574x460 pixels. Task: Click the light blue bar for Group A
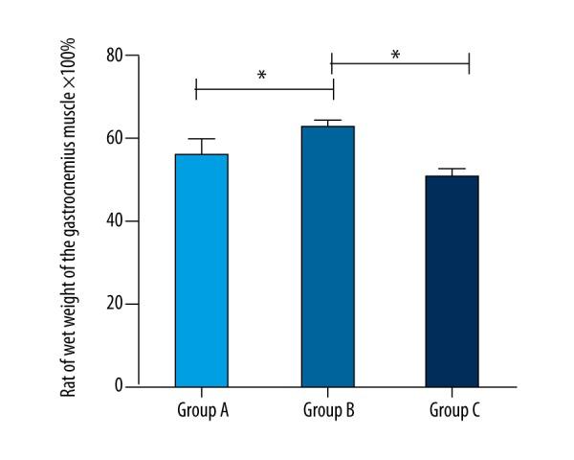pos(201,270)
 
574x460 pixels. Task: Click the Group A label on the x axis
pos(201,410)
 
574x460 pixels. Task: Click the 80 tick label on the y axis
pos(114,56)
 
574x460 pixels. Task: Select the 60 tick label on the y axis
pos(114,138)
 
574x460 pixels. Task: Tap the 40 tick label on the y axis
pos(114,220)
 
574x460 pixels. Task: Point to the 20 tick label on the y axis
pos(114,304)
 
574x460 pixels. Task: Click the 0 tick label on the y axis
pos(119,386)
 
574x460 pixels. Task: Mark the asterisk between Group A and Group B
pos(261,76)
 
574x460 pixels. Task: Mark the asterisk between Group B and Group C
pos(395,55)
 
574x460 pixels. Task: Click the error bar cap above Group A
pos(201,139)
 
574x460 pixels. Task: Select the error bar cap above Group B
pos(328,121)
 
